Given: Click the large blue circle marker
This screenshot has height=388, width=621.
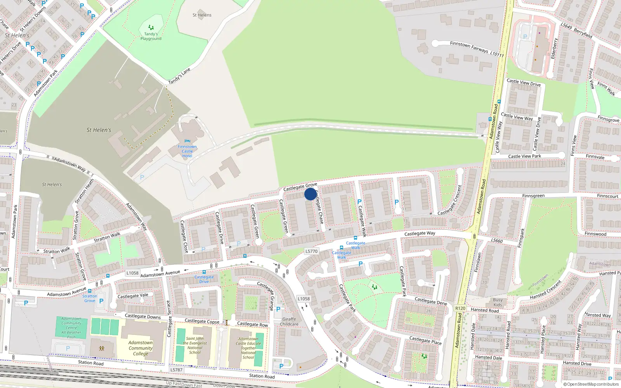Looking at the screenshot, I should (310, 194).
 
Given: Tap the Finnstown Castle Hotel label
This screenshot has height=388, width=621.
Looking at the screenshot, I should (187, 151).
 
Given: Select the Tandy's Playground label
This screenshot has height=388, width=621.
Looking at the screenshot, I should (151, 36).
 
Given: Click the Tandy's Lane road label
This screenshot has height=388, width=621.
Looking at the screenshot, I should (179, 76).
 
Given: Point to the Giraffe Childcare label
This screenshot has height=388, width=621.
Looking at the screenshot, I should (289, 322).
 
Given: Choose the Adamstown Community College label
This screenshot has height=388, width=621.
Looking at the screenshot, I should (141, 348).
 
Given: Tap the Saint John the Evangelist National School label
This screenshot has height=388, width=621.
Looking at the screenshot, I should (195, 345).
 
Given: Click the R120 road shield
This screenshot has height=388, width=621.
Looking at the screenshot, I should (460, 308).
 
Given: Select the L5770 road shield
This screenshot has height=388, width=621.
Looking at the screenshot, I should (311, 251).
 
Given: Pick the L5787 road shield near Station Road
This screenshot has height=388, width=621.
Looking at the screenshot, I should (176, 370).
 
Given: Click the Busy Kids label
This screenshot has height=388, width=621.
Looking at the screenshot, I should (498, 302).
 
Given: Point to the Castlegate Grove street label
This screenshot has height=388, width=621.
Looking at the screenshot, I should (300, 187).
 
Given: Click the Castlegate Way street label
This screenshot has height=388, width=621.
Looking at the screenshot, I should (420, 234).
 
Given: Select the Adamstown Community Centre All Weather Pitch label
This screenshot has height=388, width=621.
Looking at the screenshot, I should (71, 327).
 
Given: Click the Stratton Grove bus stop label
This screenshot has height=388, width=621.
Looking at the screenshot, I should (90, 298).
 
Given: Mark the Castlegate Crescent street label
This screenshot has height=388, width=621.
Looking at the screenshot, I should (450, 201).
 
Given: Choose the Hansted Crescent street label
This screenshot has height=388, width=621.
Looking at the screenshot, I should (545, 290).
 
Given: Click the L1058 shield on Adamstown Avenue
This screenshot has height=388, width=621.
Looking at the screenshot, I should (132, 273).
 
